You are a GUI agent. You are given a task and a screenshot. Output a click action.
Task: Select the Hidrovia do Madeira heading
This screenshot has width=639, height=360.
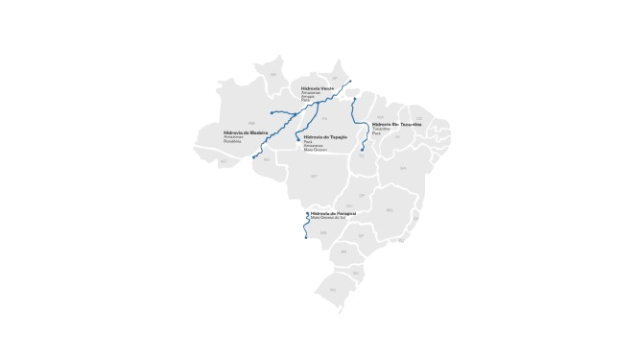pos(244,132)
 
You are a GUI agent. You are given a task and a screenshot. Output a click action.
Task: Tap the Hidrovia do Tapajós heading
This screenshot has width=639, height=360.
pos(323,137)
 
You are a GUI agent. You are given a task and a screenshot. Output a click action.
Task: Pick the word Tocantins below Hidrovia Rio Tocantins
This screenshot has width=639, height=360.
pos(381,129)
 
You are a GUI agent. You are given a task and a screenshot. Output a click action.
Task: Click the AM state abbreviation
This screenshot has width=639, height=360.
pos(251,122)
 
